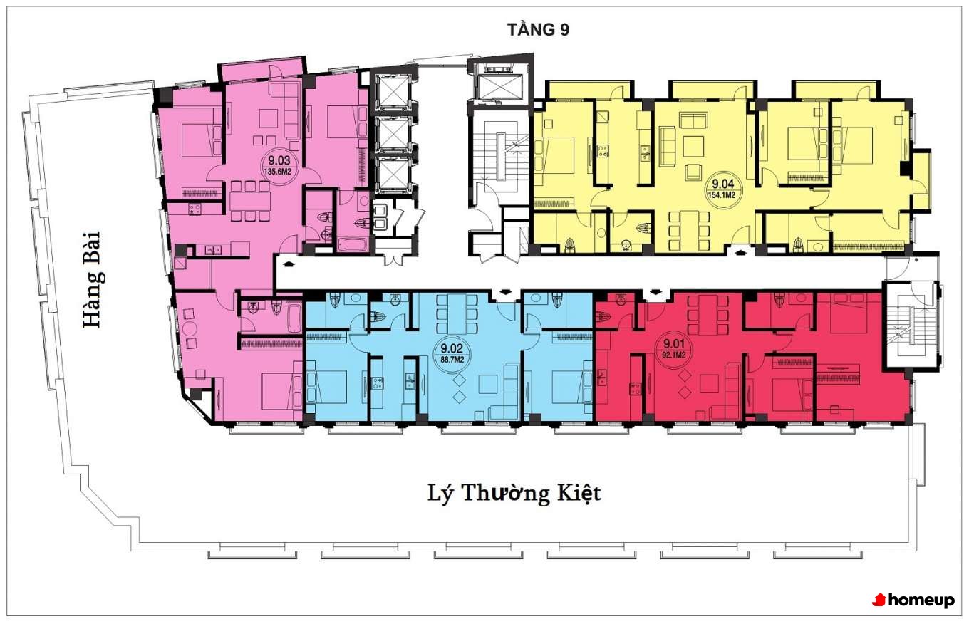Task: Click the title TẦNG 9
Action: pos(538,29)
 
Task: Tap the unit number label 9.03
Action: pos(279,160)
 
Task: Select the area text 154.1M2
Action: pos(722,195)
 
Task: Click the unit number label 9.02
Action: pos(452,348)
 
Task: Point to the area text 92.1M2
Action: pos(674,355)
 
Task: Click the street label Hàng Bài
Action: pos(93,280)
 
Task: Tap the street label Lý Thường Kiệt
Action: pos(514,494)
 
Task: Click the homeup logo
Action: pos(913,600)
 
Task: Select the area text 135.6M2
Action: pos(279,172)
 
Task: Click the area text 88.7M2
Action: pos(452,359)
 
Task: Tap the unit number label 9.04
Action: pos(722,184)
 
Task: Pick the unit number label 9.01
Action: pos(674,344)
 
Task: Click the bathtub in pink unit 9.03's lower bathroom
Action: pos(294,318)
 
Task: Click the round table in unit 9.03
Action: pos(189,328)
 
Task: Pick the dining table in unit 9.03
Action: pos(249,201)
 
